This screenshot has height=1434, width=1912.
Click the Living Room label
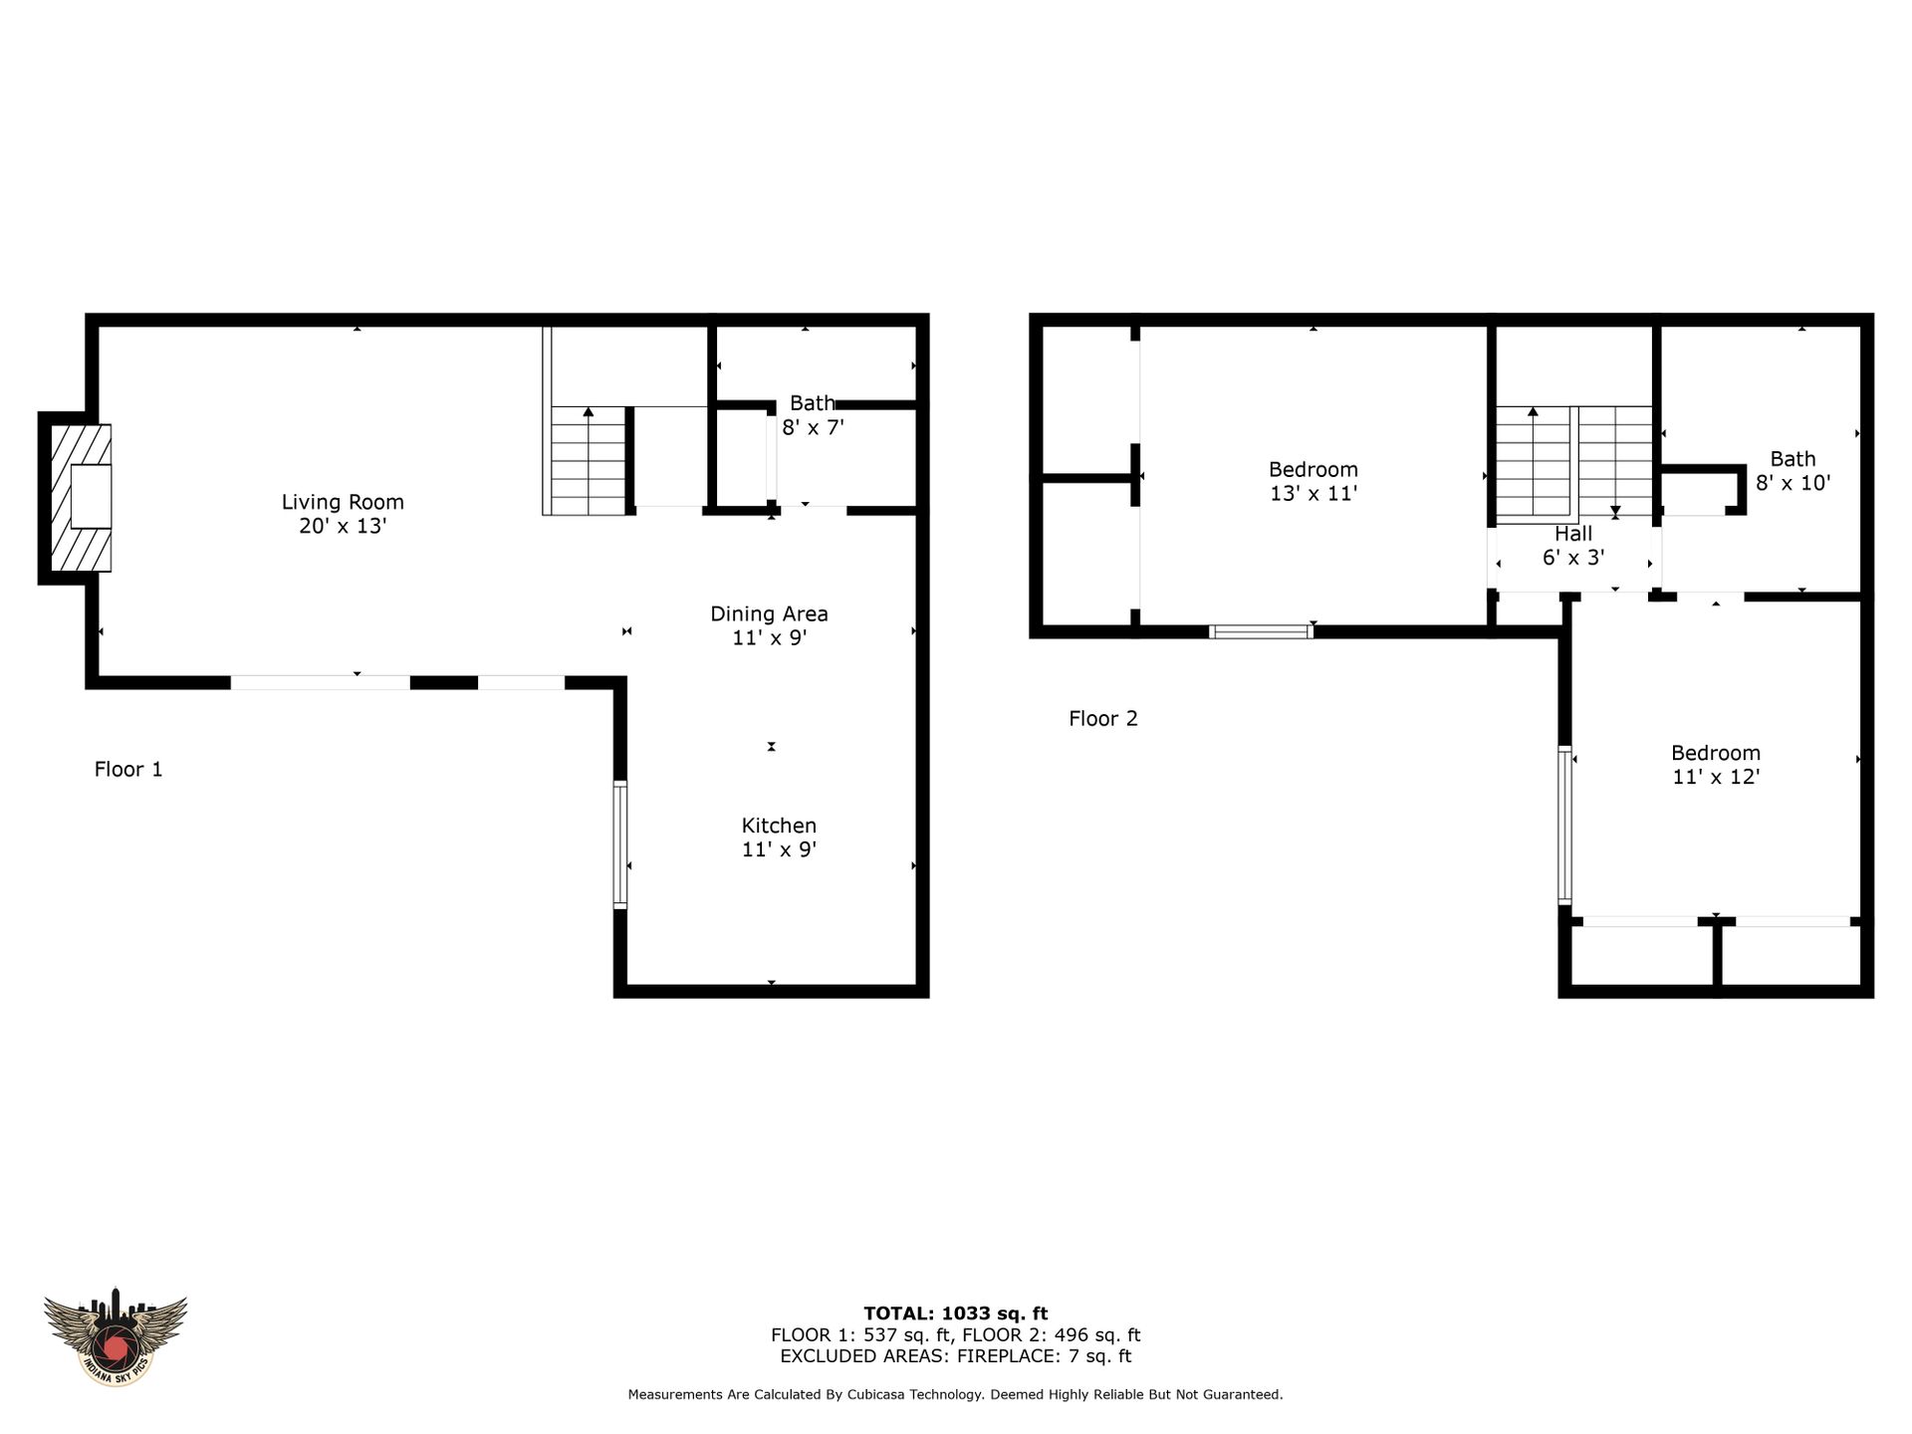click(x=343, y=514)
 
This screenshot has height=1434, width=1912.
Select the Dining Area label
click(x=769, y=625)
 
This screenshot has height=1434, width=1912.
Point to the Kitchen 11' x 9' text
click(x=779, y=837)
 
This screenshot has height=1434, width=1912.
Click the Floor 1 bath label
click(x=813, y=415)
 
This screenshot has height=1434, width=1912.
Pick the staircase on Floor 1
click(x=588, y=460)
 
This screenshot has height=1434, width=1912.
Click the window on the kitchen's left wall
click(x=620, y=844)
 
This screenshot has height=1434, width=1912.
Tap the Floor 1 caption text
click(x=128, y=769)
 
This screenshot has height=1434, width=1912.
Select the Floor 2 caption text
click(x=1103, y=718)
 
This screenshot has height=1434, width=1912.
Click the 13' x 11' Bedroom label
click(x=1314, y=481)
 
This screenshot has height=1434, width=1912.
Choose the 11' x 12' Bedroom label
click(x=1716, y=765)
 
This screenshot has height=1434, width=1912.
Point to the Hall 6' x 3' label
click(x=1573, y=546)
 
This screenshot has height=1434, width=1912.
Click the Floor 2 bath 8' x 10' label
click(x=1792, y=471)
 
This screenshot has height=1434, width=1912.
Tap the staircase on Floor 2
click(x=1574, y=464)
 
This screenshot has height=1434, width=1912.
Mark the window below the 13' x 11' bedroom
click(x=1261, y=631)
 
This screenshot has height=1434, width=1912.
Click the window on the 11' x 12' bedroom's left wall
click(x=1564, y=826)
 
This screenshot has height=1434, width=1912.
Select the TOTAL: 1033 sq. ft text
click(x=955, y=1314)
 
